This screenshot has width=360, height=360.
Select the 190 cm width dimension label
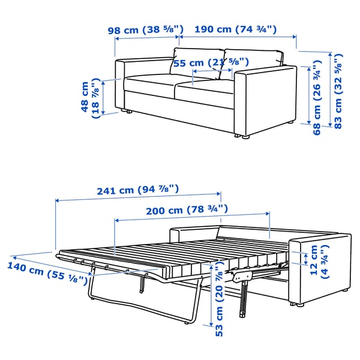click(235, 29)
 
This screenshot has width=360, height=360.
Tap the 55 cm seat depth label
click(211, 62)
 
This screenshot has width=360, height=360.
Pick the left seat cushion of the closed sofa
click(150, 84)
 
